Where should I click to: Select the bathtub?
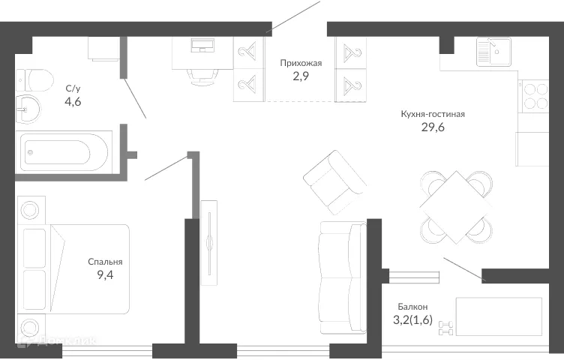pos(64,153)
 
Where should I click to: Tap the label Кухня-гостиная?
pos(433,115)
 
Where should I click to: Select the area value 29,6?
pos(433,128)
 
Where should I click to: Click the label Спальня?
pos(104,262)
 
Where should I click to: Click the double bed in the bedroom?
pos(75,271)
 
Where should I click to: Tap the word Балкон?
pos(412,306)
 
